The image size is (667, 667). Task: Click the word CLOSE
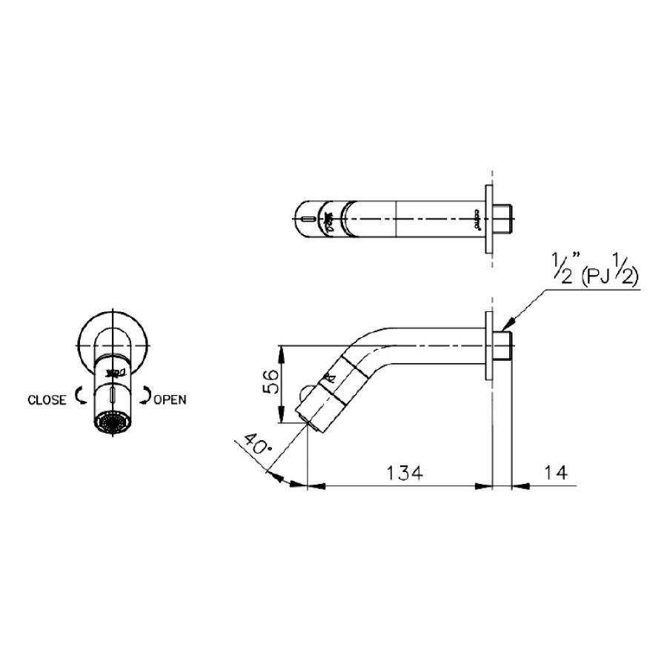[x=46, y=399]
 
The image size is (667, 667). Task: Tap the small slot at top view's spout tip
[x=305, y=219]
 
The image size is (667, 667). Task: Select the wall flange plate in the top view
[x=487, y=219]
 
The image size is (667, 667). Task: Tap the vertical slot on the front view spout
[x=112, y=396]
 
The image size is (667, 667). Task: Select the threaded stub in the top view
[x=503, y=219]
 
